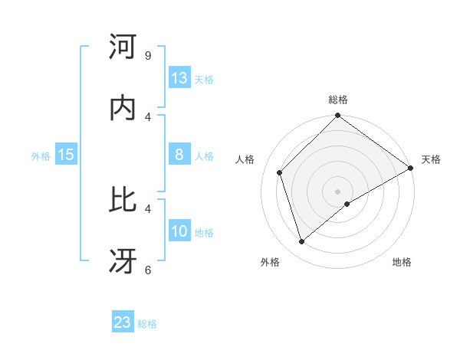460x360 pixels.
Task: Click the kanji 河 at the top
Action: click(x=123, y=47)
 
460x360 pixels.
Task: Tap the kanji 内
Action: click(x=123, y=108)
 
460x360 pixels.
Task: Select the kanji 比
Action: click(x=123, y=200)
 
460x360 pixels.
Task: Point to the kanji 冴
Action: click(x=123, y=260)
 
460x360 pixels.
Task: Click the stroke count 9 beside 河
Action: click(x=147, y=56)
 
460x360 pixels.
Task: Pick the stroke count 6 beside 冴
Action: click(x=147, y=270)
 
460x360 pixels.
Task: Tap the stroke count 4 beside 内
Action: click(x=147, y=116)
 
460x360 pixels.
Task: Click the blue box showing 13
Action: click(x=179, y=78)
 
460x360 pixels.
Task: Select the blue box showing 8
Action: click(x=179, y=155)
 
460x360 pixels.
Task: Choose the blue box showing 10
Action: click(x=179, y=231)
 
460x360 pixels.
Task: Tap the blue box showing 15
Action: click(x=66, y=155)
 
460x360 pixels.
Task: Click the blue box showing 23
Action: click(x=123, y=322)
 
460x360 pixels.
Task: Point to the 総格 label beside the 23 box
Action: click(x=147, y=324)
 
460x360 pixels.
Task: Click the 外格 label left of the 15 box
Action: click(x=41, y=156)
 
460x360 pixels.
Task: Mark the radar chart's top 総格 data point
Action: click(x=337, y=116)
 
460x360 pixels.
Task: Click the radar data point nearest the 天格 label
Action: click(x=410, y=168)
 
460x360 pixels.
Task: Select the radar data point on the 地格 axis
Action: click(x=347, y=204)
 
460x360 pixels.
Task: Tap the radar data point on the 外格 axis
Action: click(x=302, y=241)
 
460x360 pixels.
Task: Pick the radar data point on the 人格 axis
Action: click(x=280, y=172)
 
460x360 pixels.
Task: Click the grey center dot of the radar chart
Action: click(x=337, y=191)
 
